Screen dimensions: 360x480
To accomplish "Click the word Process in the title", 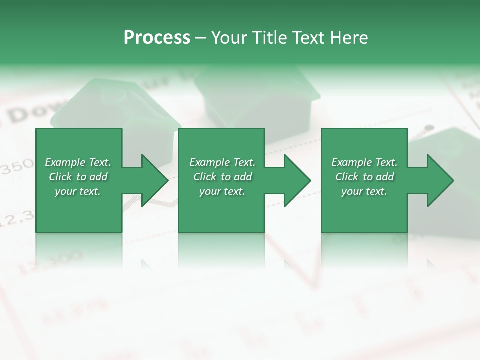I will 157,38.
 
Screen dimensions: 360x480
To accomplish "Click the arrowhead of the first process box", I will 155,181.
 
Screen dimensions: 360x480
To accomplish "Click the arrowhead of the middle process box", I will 297,181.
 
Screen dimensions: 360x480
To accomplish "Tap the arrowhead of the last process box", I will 440,181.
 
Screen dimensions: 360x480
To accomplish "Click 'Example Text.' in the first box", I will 78,162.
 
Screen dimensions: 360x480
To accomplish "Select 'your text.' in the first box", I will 78,191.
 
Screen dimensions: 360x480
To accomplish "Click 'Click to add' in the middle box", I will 222,177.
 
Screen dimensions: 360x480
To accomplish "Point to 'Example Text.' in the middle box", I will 222,162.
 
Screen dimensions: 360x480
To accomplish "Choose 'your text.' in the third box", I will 364,191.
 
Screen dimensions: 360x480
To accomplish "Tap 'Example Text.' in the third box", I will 364,162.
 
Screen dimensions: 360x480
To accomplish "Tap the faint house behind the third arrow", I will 450,145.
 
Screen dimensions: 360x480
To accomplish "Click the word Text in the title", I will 306,38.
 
